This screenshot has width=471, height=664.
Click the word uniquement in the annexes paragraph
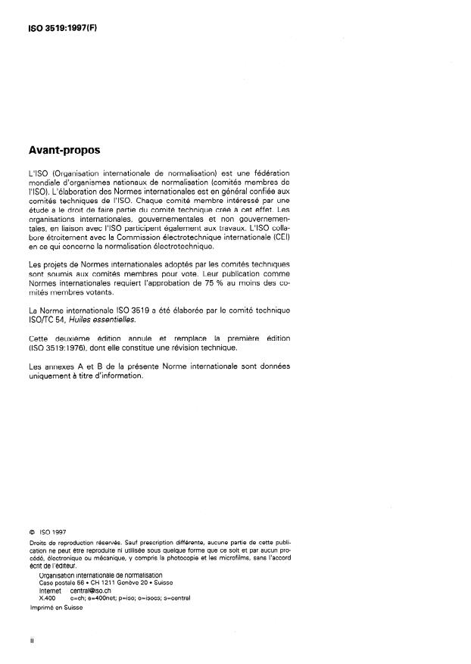click(x=52, y=375)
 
